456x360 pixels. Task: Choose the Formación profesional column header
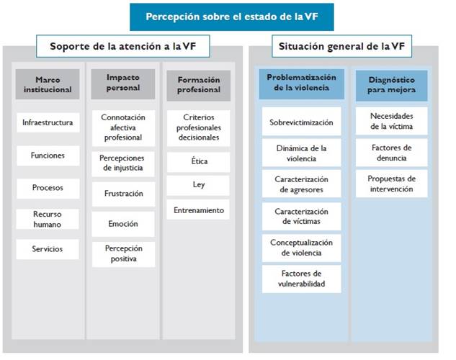pos(198,84)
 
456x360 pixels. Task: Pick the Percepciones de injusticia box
pos(123,163)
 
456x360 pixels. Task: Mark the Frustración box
pos(123,194)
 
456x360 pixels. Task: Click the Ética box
pos(198,161)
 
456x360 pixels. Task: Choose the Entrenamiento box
pos(198,210)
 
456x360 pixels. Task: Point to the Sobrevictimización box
pos(301,122)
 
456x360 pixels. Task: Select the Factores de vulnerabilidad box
pos(301,279)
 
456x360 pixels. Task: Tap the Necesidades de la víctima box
pos(391,121)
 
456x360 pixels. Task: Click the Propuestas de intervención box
pos(391,184)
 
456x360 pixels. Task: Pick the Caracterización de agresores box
pos(301,184)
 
